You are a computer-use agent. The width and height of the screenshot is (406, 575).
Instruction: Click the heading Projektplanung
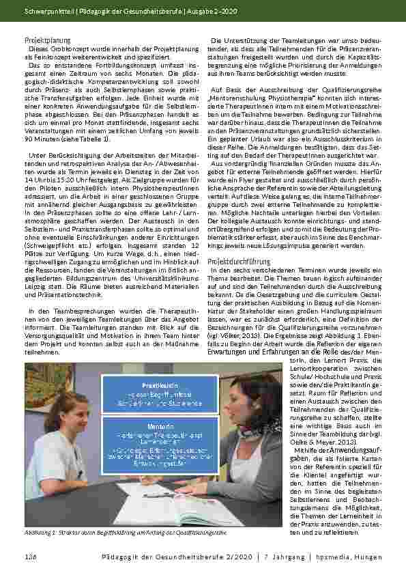tap(47, 41)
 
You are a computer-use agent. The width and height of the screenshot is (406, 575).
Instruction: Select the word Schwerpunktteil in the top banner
tap(48, 10)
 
